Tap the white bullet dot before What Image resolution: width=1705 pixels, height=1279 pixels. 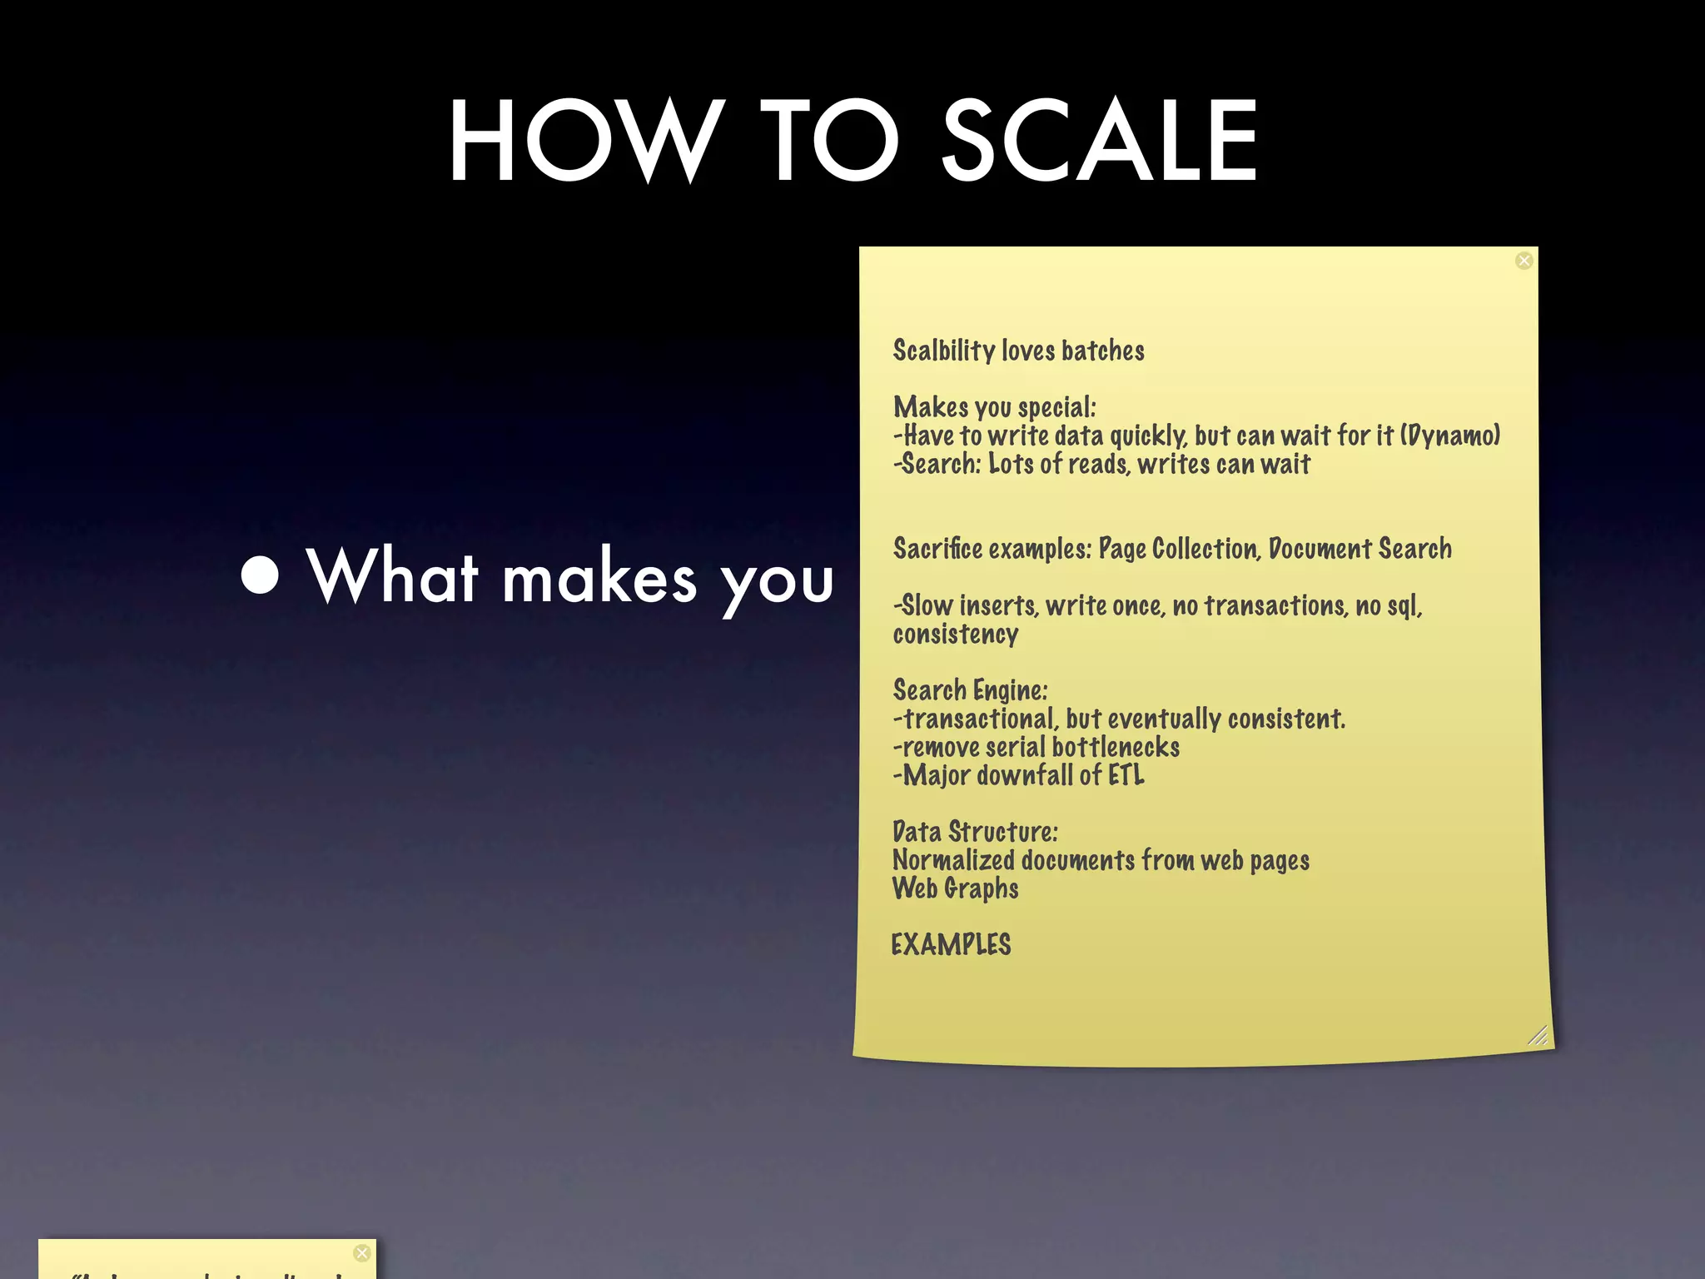(260, 575)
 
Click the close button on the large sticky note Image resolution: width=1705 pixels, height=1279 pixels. (1524, 261)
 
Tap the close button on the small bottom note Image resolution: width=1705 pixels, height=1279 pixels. (361, 1253)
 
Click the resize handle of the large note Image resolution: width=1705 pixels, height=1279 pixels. (1538, 1035)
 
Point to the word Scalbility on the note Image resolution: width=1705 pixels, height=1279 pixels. (944, 351)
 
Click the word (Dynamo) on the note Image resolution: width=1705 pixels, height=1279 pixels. (1450, 435)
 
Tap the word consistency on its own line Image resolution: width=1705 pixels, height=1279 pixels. (956, 635)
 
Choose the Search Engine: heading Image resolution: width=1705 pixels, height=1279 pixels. (970, 690)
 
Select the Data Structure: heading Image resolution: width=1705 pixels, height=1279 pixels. (975, 832)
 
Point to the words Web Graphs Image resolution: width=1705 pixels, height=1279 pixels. (955, 888)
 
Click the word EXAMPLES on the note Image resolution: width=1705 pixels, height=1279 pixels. (951, 945)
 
